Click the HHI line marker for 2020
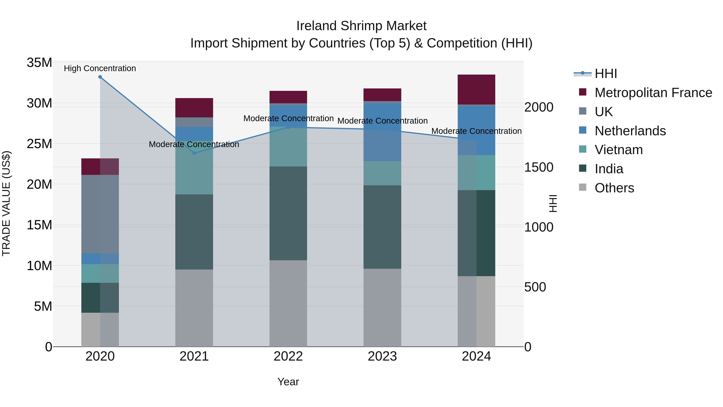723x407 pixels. (100, 77)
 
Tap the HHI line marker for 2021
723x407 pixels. (194, 153)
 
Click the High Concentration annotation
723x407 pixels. (100, 68)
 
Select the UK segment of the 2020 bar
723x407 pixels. (100, 214)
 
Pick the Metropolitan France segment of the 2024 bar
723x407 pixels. (476, 90)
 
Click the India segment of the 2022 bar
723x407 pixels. (288, 213)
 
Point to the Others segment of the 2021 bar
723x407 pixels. (194, 308)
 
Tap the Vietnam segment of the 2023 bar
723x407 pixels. (382, 173)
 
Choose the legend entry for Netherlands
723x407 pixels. (630, 131)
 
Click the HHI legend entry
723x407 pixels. (606, 74)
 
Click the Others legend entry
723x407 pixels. (614, 188)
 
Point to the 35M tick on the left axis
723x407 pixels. (39, 63)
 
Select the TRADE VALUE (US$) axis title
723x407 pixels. (6, 203)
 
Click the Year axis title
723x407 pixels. (288, 382)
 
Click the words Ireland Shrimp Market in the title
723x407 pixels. (361, 26)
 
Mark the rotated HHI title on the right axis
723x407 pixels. (553, 203)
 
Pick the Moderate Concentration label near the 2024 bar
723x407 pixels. (476, 131)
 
